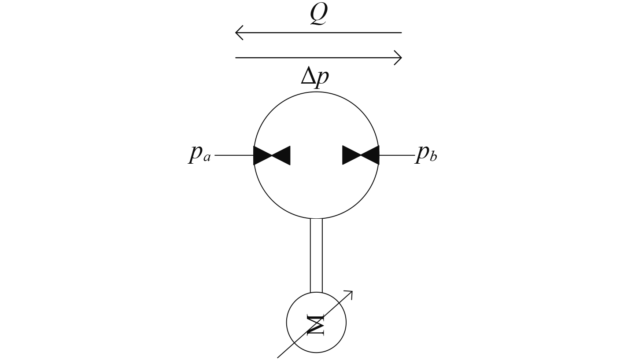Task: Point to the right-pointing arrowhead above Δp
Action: coord(399,58)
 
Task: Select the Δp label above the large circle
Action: coord(314,78)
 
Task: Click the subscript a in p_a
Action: coord(207,158)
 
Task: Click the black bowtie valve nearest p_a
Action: coord(272,155)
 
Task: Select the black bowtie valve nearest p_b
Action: coord(361,155)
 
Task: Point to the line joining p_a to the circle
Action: coord(234,155)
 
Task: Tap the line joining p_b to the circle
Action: coord(396,155)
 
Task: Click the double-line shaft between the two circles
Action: coord(316,255)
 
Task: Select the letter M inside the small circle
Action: coord(317,325)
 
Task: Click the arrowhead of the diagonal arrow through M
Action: coord(350,293)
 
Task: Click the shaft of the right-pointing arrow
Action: coord(317,58)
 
